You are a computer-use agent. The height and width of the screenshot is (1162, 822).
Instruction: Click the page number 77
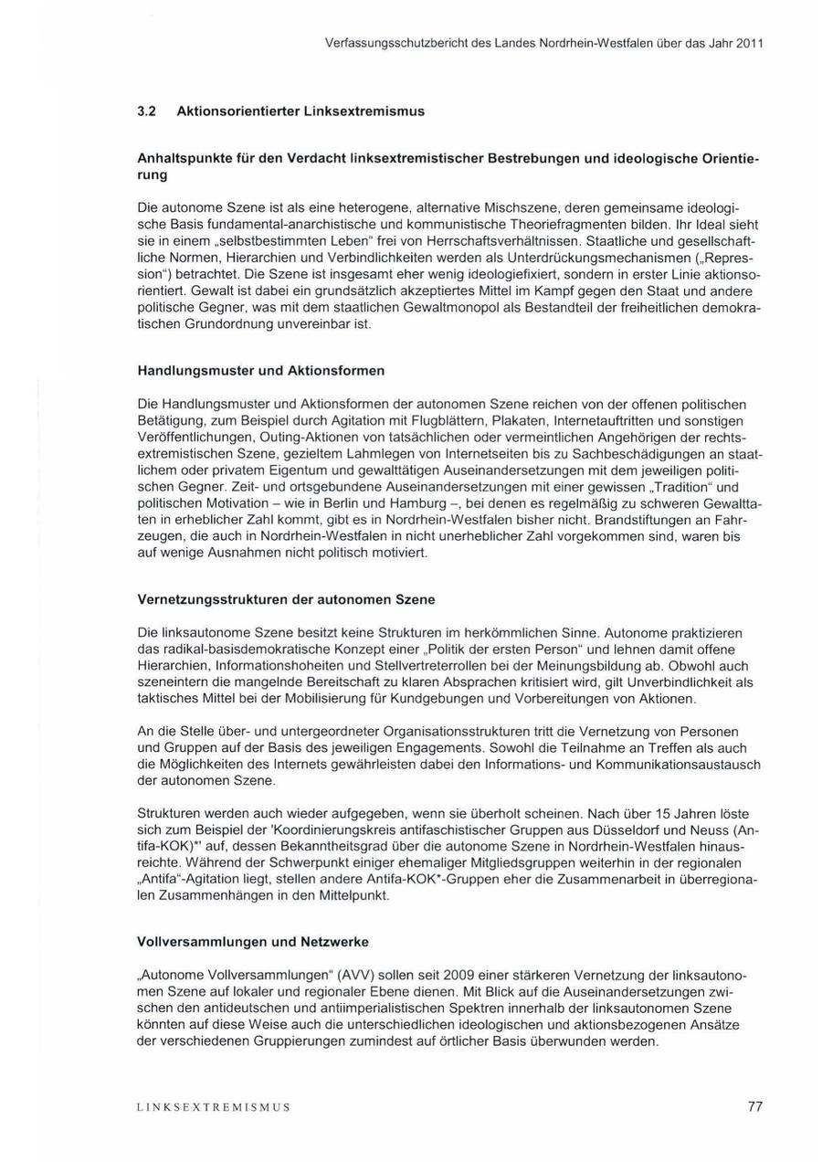click(754, 1106)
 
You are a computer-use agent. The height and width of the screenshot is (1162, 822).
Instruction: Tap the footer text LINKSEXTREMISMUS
click(213, 1107)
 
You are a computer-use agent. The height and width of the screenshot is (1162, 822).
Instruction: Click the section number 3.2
click(147, 111)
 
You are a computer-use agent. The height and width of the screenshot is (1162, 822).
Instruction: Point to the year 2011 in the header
click(748, 43)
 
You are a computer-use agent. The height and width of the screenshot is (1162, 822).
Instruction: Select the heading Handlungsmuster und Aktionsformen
click(260, 371)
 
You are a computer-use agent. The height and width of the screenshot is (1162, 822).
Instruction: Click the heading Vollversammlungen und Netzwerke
click(253, 941)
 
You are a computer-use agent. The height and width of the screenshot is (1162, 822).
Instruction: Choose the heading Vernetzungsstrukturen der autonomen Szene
click(286, 599)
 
